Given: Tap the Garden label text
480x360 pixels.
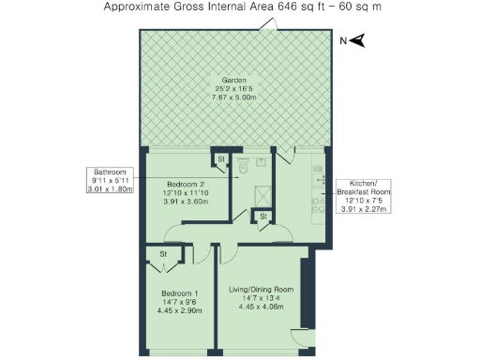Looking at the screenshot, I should point(233,79).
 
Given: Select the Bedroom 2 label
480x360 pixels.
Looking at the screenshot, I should point(185,184).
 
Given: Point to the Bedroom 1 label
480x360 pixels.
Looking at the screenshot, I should point(178,292).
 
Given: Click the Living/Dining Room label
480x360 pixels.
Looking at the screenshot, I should point(262,289).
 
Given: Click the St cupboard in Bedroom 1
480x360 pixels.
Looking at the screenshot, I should point(163,254).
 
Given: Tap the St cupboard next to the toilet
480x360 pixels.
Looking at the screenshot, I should point(221,159).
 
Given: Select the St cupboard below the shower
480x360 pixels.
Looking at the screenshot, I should point(263,217).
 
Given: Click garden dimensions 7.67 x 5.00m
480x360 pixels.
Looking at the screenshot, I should point(233,97).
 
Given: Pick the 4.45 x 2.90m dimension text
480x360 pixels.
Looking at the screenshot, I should point(178,311).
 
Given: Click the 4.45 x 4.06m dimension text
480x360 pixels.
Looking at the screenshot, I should point(262,307).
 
